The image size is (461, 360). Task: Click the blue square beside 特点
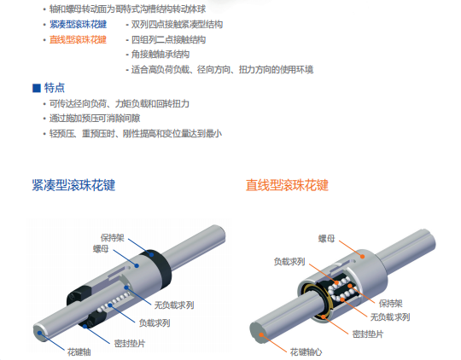[x=36, y=88]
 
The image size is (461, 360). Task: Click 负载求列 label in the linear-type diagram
[x=290, y=262]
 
